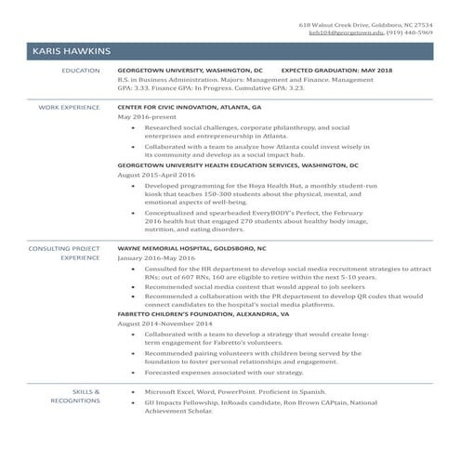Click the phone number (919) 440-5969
click(x=410, y=33)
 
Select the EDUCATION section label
click(x=80, y=70)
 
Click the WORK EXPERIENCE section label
click(x=69, y=108)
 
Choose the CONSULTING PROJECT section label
click(x=64, y=249)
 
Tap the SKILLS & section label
click(x=85, y=391)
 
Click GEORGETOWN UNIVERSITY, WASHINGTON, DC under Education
click(x=190, y=70)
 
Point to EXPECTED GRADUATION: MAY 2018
click(x=336, y=70)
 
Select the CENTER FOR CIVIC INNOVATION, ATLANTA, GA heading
click(x=190, y=108)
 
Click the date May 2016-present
click(x=144, y=118)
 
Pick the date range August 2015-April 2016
click(x=156, y=175)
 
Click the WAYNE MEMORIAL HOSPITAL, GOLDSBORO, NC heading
click(x=191, y=249)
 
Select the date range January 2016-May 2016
click(x=156, y=259)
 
